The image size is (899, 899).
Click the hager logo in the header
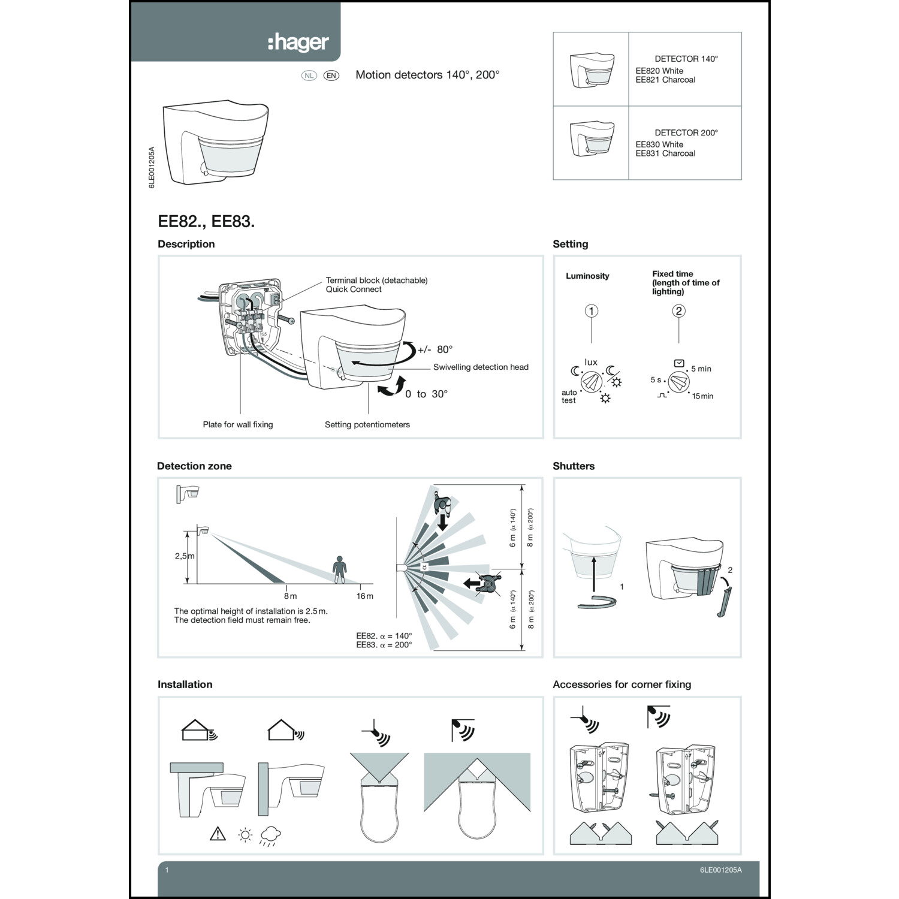[x=298, y=43]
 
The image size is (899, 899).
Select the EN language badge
[x=331, y=76]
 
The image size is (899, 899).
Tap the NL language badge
[x=309, y=76]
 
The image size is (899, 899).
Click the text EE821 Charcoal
[x=665, y=80]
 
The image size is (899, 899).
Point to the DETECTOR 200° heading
[x=686, y=132]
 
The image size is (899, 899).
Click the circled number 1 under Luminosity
[x=592, y=310]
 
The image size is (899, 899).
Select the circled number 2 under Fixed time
[x=678, y=310]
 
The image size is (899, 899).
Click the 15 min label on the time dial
[x=702, y=396]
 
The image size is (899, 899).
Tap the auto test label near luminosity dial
[x=569, y=397]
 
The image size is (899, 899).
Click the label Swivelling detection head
[x=481, y=367]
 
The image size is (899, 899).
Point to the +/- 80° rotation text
[x=435, y=349]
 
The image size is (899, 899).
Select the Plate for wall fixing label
[x=237, y=424]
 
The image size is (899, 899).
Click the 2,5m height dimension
[x=184, y=556]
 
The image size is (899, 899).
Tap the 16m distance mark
[x=364, y=596]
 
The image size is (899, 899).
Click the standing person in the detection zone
[x=340, y=569]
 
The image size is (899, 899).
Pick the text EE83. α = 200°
[x=384, y=645]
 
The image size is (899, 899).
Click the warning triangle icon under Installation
[x=218, y=834]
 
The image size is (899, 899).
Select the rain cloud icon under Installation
[x=270, y=835]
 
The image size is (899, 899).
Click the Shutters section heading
[x=574, y=466]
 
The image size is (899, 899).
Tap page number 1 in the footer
[x=167, y=870]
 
